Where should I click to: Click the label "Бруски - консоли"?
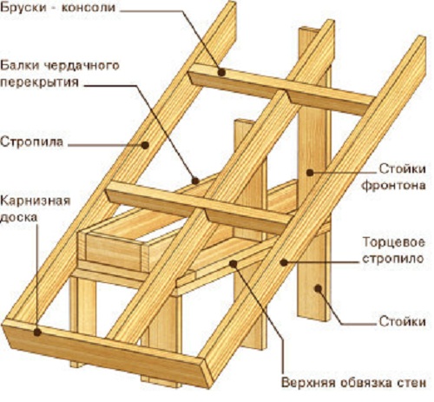pos(58,8)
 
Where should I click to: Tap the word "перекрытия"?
pos(40,82)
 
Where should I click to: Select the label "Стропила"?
pos(31,142)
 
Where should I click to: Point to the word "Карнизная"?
pos(36,201)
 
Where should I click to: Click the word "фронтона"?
pos(394,185)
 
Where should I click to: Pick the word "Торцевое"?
pos(394,242)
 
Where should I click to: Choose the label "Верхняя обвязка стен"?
pos(353,383)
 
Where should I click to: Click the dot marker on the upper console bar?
pos(221,72)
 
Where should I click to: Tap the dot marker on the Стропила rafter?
pos(145,145)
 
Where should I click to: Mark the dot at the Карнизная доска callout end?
pos(37,332)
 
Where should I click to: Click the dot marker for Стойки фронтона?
pos(310,173)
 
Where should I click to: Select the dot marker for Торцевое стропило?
pos(284,262)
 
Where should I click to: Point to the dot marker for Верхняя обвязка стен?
pos(233,263)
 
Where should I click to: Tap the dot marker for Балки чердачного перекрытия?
pos(195,181)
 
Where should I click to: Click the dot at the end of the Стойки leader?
pos(318,288)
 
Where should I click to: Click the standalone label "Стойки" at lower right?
pos(403,321)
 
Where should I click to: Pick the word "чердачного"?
pos(82,66)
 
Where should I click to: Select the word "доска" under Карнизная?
pos(19,217)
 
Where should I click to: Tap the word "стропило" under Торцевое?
pos(392,259)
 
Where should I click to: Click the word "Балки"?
pos(20,66)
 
